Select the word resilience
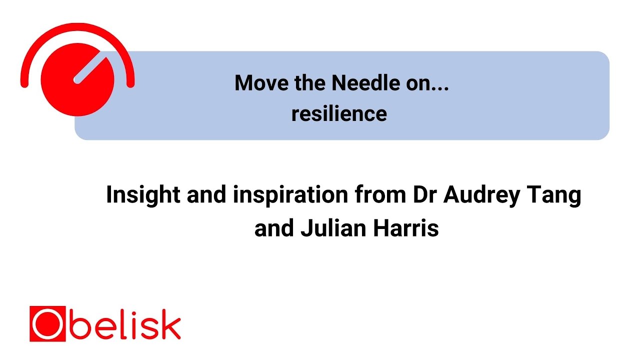click(x=339, y=114)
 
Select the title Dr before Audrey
click(x=425, y=195)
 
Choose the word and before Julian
click(x=274, y=228)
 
